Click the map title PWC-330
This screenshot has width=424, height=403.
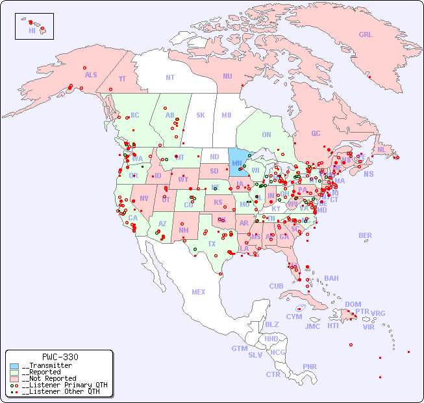(60, 357)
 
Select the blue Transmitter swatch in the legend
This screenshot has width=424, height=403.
(14, 366)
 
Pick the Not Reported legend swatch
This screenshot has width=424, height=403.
(14, 378)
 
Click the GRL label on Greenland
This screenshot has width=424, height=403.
(366, 35)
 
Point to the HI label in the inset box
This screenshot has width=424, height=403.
(32, 31)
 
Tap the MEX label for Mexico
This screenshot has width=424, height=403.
(199, 292)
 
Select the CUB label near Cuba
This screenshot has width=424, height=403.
(276, 286)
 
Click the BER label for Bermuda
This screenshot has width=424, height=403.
(365, 235)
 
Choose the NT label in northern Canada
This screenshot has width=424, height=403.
(170, 77)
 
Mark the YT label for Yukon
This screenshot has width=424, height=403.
(122, 79)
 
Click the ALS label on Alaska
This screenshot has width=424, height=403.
(91, 75)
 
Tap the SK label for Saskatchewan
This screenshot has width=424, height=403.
(201, 115)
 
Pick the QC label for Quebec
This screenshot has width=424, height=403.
(316, 133)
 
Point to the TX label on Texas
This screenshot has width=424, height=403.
(212, 244)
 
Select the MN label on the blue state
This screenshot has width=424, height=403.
(237, 163)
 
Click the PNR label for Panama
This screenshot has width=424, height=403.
(310, 367)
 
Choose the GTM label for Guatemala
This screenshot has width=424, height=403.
(239, 348)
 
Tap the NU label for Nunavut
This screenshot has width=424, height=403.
(227, 76)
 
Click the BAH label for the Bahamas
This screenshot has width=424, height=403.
(331, 278)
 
